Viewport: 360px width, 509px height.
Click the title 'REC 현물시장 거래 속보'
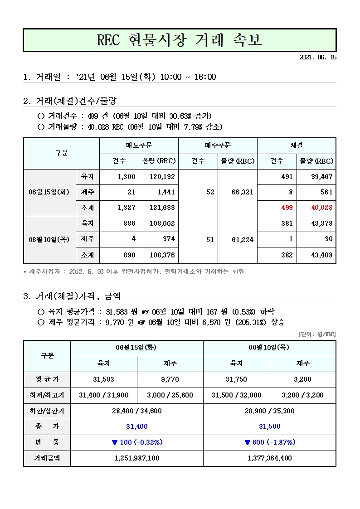180,40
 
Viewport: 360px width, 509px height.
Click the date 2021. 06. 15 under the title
318,58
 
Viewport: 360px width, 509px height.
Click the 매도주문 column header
139,145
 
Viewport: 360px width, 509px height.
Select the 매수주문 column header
218,145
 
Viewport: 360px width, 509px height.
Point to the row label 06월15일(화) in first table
49,192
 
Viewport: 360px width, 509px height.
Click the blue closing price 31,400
136,427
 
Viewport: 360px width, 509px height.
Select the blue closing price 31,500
269,427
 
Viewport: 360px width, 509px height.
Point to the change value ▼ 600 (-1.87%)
269,442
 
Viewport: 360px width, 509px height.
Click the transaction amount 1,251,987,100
136,458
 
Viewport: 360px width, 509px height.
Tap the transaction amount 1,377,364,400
269,458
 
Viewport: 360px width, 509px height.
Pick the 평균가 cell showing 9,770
170,379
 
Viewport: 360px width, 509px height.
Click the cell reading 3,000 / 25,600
170,395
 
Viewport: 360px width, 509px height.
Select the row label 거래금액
47,458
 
